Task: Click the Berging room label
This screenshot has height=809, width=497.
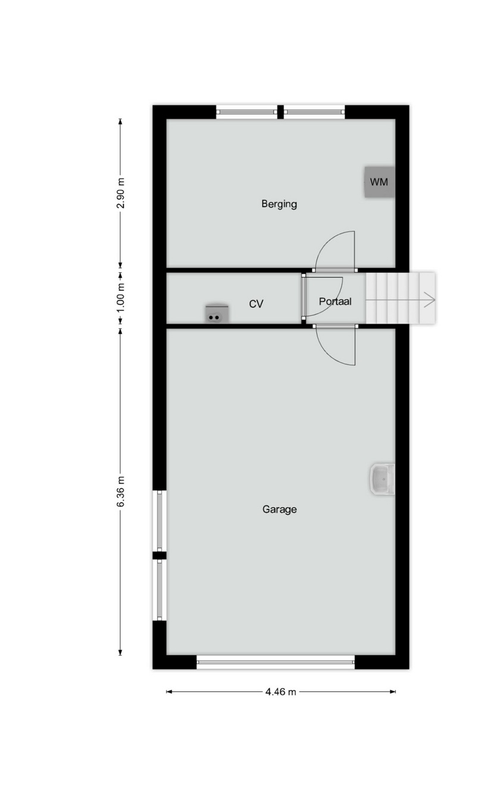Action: point(279,204)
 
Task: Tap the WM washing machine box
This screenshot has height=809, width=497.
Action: point(379,182)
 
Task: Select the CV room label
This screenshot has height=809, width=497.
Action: point(256,304)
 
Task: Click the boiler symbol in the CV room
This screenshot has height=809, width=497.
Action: point(217,313)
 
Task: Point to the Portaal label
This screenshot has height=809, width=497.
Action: point(335,301)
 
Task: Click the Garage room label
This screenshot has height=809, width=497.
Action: point(279,509)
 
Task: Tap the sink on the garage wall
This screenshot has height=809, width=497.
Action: point(382,479)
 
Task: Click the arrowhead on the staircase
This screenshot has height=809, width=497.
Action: point(430,300)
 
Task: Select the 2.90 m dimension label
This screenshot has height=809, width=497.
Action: point(121,193)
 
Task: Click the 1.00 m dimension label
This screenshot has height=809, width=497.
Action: point(121,298)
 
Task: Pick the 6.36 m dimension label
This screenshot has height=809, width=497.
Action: point(121,491)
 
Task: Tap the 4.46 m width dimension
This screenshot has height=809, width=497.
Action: point(280,692)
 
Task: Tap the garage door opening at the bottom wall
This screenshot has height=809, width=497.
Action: point(276,662)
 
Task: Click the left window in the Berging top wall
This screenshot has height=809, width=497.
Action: point(247,112)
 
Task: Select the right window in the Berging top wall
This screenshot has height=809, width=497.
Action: point(314,112)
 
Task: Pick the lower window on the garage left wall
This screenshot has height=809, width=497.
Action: point(159,590)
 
